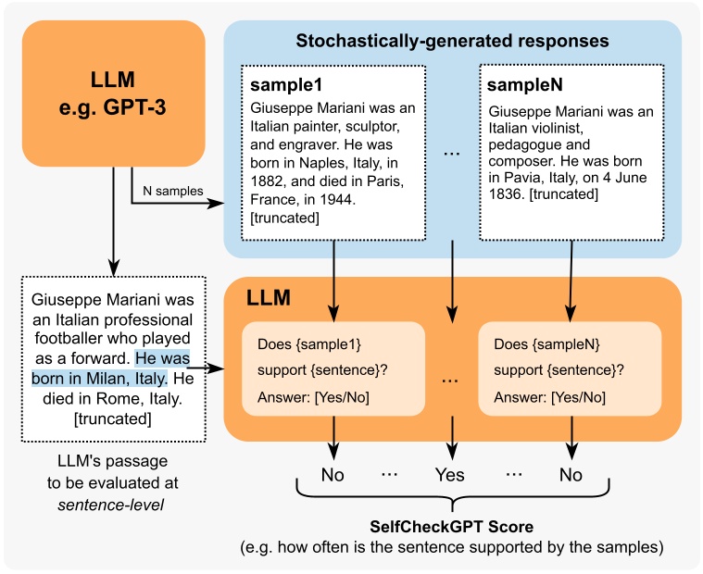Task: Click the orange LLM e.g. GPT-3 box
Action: pyautogui.click(x=113, y=93)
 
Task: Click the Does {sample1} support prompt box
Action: pyautogui.click(x=333, y=371)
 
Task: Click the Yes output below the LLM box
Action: pyautogui.click(x=450, y=475)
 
